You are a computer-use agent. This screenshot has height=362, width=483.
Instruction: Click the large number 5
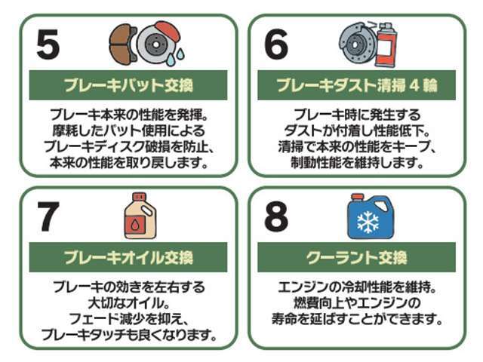click(47, 47)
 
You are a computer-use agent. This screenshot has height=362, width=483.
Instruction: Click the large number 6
click(275, 47)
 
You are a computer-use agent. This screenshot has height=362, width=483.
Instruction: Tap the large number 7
click(47, 218)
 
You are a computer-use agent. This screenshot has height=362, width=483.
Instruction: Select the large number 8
click(275, 218)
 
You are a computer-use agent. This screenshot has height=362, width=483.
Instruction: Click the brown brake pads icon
click(121, 45)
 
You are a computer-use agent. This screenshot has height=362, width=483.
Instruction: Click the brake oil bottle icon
click(140, 216)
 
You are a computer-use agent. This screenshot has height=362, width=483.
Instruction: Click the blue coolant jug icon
click(370, 216)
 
